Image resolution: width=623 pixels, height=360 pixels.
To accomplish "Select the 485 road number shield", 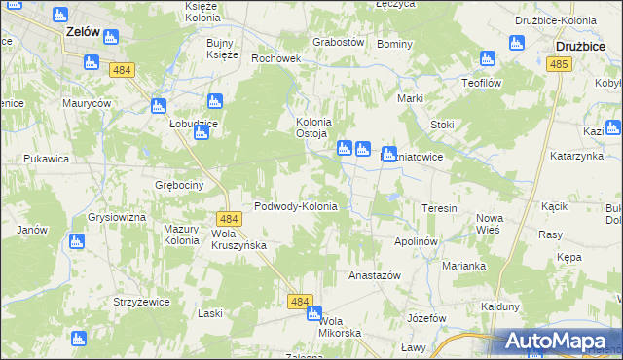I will [x=558, y=64].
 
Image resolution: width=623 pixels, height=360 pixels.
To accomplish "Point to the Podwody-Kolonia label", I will [x=295, y=206].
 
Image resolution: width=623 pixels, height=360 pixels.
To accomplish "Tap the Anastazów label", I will [x=375, y=275].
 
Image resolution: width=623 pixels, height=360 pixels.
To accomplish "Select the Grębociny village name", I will [x=178, y=184].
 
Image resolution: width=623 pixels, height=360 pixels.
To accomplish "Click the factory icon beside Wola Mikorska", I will [x=313, y=313].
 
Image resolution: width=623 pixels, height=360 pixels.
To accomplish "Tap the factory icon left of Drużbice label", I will [x=516, y=43].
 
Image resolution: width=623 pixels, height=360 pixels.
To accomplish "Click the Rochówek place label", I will [x=276, y=58].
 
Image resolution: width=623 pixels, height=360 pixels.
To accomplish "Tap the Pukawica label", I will [x=47, y=158].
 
